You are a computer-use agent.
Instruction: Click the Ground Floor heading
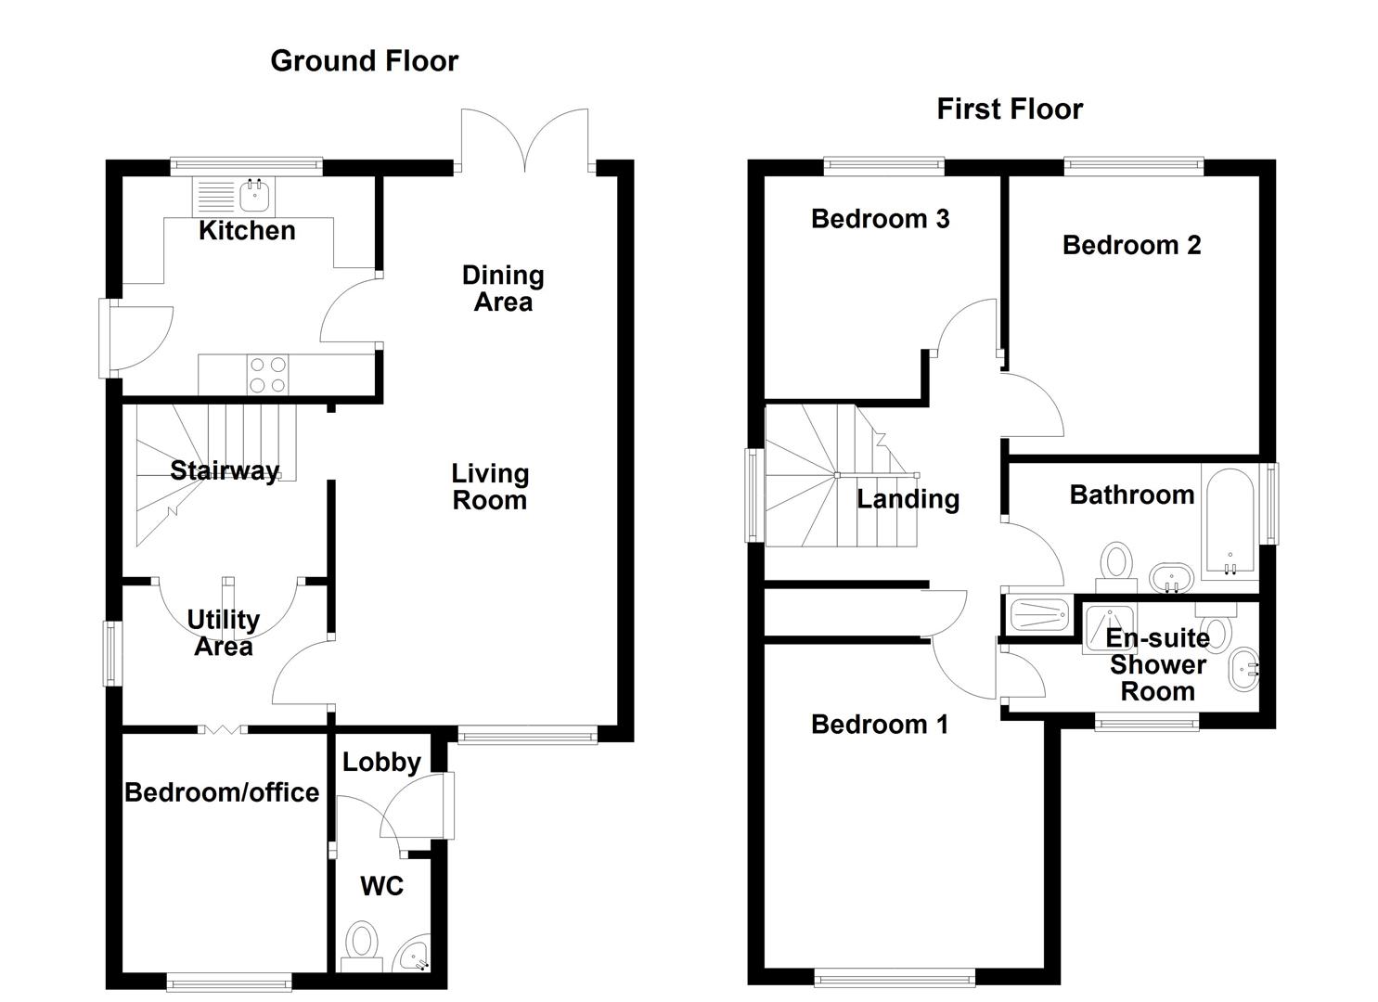[364, 61]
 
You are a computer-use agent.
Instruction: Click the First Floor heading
[1009, 109]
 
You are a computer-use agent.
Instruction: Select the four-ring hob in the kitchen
[267, 375]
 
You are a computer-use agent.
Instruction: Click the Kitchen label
[247, 230]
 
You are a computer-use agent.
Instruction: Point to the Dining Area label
[503, 288]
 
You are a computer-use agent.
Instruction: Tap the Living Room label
[489, 486]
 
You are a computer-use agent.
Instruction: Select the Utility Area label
[223, 632]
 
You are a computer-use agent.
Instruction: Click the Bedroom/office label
[222, 791]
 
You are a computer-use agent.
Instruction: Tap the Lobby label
[381, 762]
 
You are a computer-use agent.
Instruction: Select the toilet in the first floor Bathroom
[1116, 564]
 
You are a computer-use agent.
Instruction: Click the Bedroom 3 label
[880, 218]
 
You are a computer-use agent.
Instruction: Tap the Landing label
[908, 498]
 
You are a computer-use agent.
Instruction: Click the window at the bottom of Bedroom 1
[895, 976]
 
